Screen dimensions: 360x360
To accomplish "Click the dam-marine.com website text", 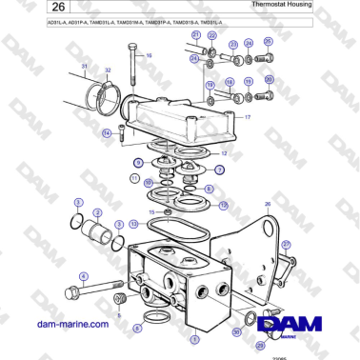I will (72, 325).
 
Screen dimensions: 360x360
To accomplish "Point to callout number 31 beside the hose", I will (84, 67).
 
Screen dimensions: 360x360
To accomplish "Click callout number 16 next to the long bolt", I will (149, 55).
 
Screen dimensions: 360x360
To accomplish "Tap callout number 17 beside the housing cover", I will (247, 117).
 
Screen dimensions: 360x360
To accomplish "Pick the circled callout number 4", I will (83, 276).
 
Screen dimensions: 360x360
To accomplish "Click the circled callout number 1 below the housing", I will (195, 338).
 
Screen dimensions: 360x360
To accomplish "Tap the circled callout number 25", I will (269, 43).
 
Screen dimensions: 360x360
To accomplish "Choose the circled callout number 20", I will (269, 81).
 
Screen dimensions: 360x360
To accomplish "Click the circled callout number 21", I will (195, 35).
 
